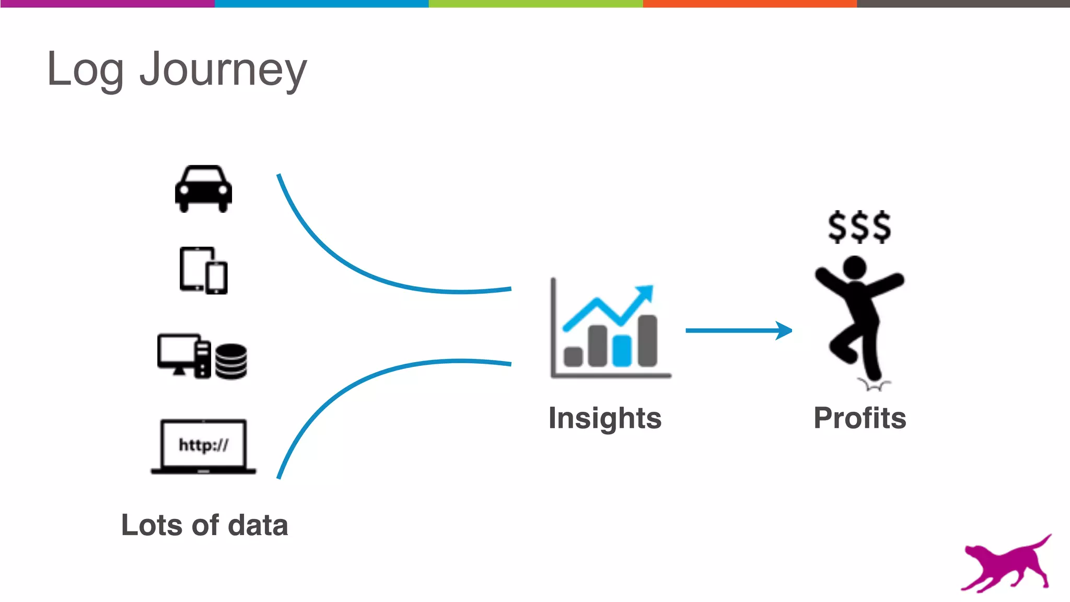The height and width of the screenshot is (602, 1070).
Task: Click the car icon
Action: click(203, 189)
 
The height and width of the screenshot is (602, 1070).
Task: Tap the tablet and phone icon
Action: click(203, 270)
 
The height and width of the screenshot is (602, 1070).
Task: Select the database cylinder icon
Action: click(231, 361)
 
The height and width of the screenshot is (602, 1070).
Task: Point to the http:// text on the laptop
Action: click(203, 445)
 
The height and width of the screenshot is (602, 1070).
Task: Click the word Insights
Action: click(605, 418)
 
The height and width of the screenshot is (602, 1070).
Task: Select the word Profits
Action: click(859, 418)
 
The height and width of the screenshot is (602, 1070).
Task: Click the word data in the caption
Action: click(258, 525)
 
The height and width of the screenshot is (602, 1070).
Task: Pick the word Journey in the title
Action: click(223, 71)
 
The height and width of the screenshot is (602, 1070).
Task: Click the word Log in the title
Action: click(85, 71)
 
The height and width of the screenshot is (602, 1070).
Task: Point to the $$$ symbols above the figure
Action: click(859, 227)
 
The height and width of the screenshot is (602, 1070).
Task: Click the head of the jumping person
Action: click(855, 267)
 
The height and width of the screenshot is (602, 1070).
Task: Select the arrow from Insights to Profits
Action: click(738, 330)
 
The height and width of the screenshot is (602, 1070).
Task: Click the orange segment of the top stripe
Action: click(750, 4)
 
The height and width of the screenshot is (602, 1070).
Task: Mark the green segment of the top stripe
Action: click(536, 4)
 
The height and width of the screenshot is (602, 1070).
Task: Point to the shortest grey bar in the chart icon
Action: click(573, 356)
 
